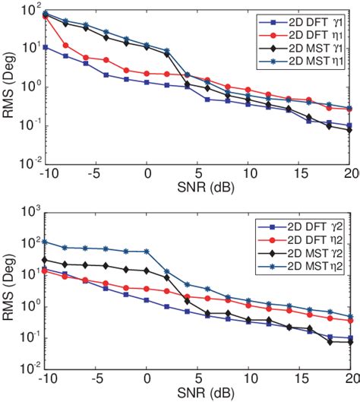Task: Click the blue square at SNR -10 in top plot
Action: coord(46,47)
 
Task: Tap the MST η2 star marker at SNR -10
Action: coord(46,242)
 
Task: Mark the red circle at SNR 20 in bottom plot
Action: coord(350,321)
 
